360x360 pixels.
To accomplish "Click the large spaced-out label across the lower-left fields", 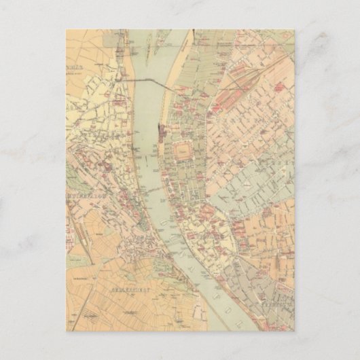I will coord(121,289).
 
